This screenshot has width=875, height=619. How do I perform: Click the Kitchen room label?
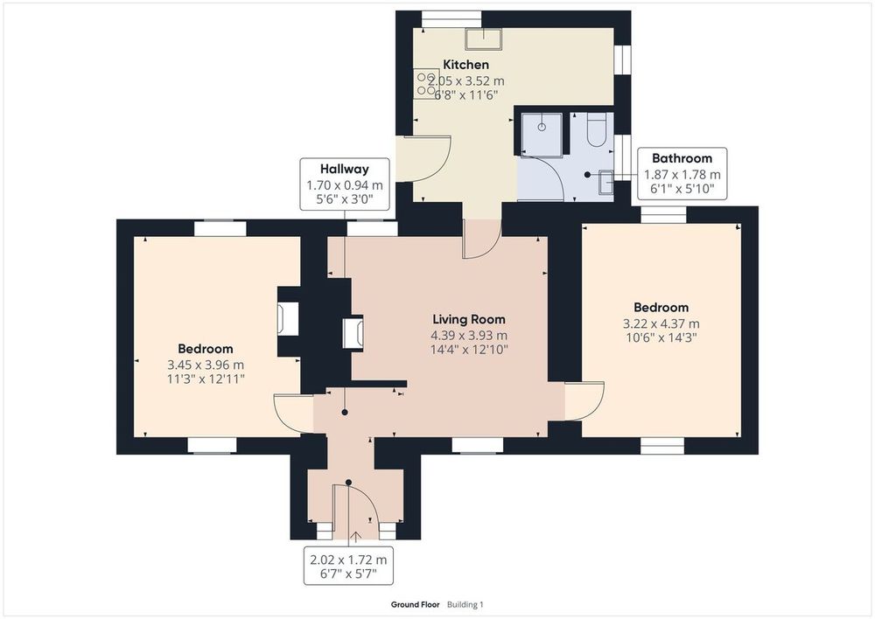[465, 65]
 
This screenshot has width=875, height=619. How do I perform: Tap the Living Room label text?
[469, 319]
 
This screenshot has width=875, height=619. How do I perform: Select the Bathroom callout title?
[682, 158]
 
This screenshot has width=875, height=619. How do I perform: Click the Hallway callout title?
[344, 169]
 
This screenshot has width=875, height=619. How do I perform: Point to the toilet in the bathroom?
[596, 130]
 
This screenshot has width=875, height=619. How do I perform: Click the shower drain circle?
[542, 127]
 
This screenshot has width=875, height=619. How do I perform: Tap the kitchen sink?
[484, 38]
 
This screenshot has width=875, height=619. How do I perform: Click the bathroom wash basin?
[606, 182]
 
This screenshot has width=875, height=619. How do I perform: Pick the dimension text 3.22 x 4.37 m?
[661, 323]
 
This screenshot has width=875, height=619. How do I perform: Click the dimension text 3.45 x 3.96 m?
[206, 365]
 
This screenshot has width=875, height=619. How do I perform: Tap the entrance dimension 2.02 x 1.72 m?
[348, 560]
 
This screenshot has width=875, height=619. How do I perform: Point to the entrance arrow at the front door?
[355, 537]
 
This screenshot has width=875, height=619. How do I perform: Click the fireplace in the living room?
[353, 333]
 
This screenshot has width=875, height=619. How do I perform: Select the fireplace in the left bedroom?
[288, 319]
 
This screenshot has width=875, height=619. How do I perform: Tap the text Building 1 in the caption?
[465, 604]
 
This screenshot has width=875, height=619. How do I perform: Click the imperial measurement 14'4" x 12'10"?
[469, 350]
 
